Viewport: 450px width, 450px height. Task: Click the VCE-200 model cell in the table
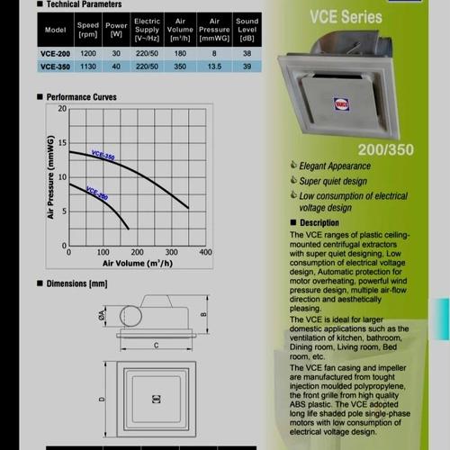[57, 52]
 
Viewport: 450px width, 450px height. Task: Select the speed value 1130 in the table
[88, 65]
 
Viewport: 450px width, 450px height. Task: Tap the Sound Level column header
[247, 30]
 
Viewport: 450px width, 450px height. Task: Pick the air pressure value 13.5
[214, 65]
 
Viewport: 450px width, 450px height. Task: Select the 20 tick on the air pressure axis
[62, 109]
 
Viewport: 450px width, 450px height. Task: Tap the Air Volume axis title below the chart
[138, 264]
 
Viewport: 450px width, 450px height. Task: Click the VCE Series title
[345, 16]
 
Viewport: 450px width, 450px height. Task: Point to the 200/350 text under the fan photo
[384, 146]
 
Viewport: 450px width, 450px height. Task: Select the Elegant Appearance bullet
[334, 166]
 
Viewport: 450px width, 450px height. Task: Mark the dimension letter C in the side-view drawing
[156, 344]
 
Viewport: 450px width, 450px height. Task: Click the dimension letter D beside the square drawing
[101, 399]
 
